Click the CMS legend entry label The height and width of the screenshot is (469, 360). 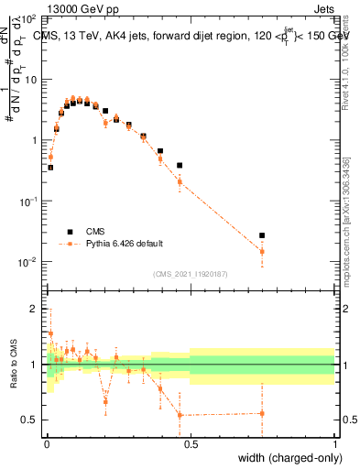[96, 232]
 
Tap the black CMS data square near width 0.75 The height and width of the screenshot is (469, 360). [262, 235]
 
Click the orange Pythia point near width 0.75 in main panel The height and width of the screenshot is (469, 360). [262, 251]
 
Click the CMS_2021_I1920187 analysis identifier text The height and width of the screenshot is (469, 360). [190, 274]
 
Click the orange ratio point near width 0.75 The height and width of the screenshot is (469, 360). [262, 413]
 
